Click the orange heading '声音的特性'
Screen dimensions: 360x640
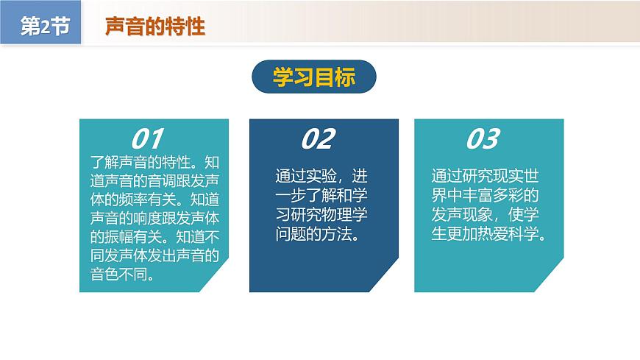pos(155,27)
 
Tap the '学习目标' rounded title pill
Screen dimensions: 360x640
pos(314,77)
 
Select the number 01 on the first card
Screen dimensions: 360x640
pos(146,138)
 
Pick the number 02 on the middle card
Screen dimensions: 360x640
pos(318,138)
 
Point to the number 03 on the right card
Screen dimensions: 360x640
pos(483,138)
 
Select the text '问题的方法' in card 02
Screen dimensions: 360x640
pos(313,235)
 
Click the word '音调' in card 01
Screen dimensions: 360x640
pos(161,180)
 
